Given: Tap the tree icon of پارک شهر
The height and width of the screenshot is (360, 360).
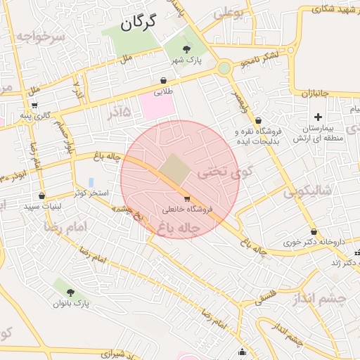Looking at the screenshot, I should coord(186,49).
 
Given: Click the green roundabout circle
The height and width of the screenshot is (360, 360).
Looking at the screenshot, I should coord(224,68).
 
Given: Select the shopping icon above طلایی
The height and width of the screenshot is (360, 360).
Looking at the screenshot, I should coord(164,81).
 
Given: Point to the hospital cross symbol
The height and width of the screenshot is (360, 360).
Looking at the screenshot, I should coord(318,117).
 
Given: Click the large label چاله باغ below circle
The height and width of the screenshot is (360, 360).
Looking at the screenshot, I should coord(180,228).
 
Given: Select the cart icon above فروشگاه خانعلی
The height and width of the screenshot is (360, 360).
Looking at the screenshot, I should coord(186,199).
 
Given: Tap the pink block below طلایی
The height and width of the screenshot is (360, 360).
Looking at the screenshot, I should coord(156,106).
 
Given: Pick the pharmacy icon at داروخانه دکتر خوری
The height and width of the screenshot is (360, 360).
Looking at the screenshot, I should coord(314,232).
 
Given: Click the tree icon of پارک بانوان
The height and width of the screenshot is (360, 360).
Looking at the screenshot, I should coord(70,292).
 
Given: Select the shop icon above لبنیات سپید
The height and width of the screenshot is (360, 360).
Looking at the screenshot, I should coord(42,196).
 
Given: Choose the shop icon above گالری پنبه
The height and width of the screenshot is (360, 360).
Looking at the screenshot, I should coord(34,105).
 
